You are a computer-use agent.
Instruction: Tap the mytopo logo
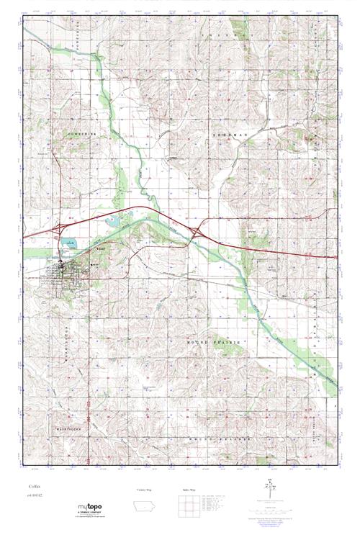tap(94, 509)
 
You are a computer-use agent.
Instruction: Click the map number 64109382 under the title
tap(34, 498)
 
